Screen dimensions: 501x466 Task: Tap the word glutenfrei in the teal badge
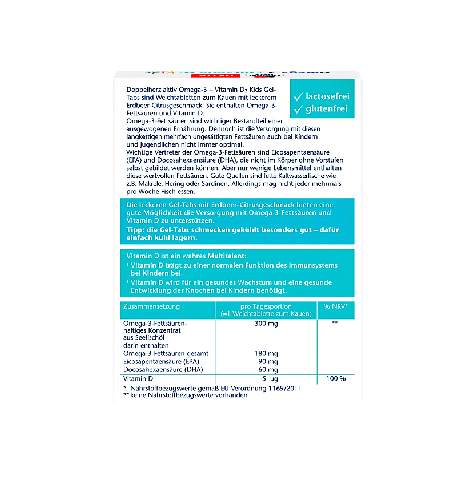click(327, 108)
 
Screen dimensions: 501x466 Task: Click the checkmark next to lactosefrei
click(298, 95)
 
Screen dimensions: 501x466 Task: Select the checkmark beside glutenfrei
click(298, 108)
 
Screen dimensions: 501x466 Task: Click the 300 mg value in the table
click(266, 324)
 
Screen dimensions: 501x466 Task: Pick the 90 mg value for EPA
click(268, 362)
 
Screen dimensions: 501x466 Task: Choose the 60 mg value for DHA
click(268, 370)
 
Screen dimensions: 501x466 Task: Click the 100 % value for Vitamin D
click(335, 379)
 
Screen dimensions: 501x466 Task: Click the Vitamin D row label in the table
click(138, 379)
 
